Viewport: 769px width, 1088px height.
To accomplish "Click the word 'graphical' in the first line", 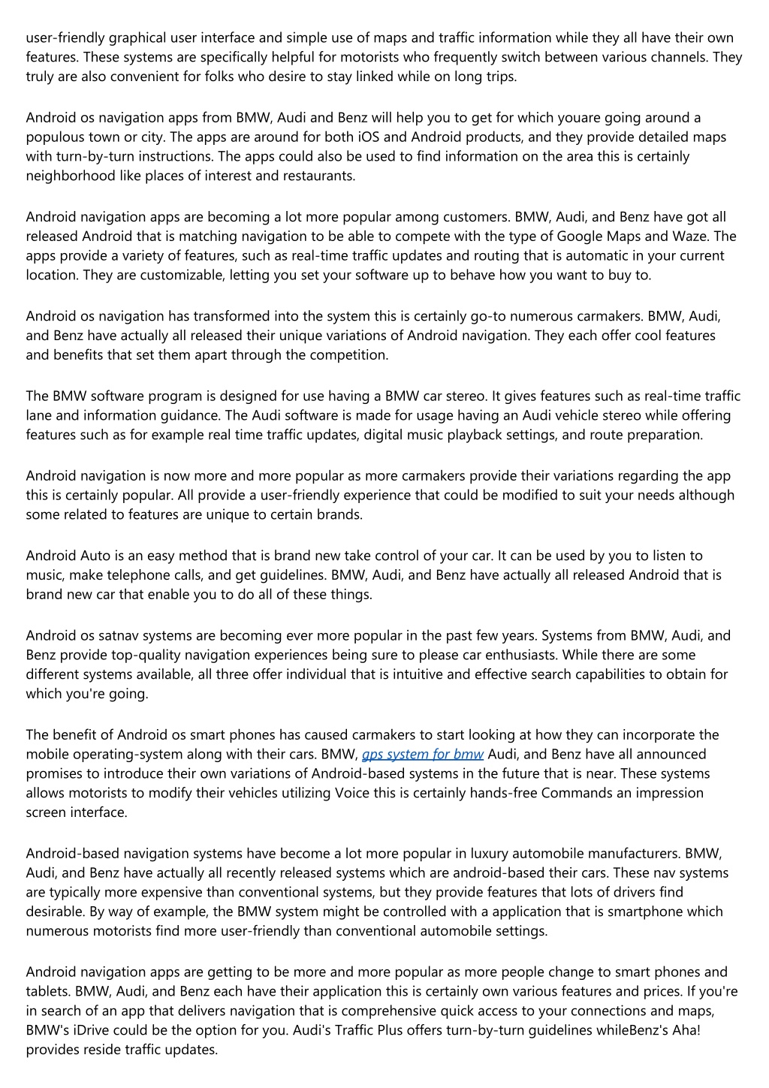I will [137, 38].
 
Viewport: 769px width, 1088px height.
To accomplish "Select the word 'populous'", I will [53, 137].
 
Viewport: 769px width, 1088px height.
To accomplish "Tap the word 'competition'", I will [351, 355].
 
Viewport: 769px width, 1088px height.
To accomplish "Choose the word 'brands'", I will [341, 515].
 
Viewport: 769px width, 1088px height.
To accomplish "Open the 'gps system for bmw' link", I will [422, 755].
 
